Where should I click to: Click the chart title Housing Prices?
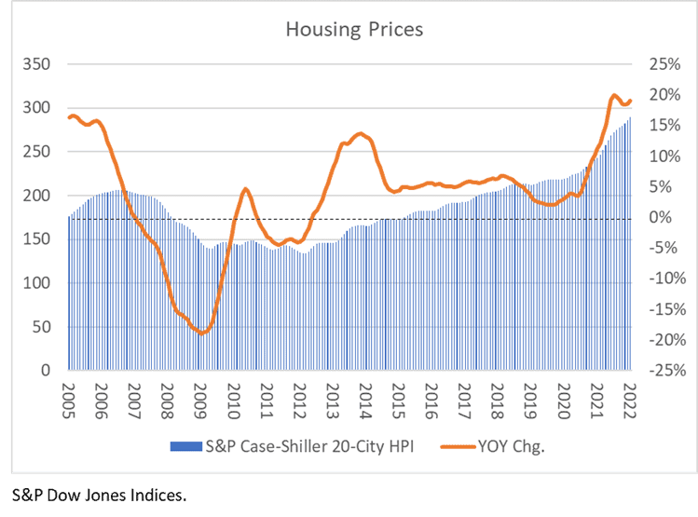click(x=354, y=30)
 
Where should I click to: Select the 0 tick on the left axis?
click(x=46, y=371)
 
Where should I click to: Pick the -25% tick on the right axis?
click(x=656, y=371)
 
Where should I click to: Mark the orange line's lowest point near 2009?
click(x=200, y=333)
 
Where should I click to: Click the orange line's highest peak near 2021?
click(x=614, y=95)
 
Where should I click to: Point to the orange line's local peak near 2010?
click(x=246, y=189)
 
